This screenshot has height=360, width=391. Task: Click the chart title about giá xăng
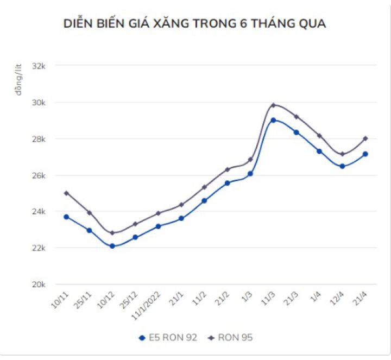coord(195,24)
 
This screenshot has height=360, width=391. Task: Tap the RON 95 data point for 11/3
coord(273,105)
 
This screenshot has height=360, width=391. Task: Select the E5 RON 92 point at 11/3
coord(273,120)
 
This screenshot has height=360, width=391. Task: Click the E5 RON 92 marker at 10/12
coord(112,246)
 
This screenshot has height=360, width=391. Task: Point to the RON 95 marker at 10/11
coord(66,193)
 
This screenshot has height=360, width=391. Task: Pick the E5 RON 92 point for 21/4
coord(365,154)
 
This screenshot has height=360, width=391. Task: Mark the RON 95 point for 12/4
coord(342,154)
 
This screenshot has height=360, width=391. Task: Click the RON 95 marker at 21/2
coord(227,169)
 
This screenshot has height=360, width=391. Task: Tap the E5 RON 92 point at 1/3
coord(250,174)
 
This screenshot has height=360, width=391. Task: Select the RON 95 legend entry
coord(231,338)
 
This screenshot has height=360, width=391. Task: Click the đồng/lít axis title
coord(18,79)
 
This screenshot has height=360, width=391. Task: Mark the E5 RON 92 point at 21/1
coord(181,218)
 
